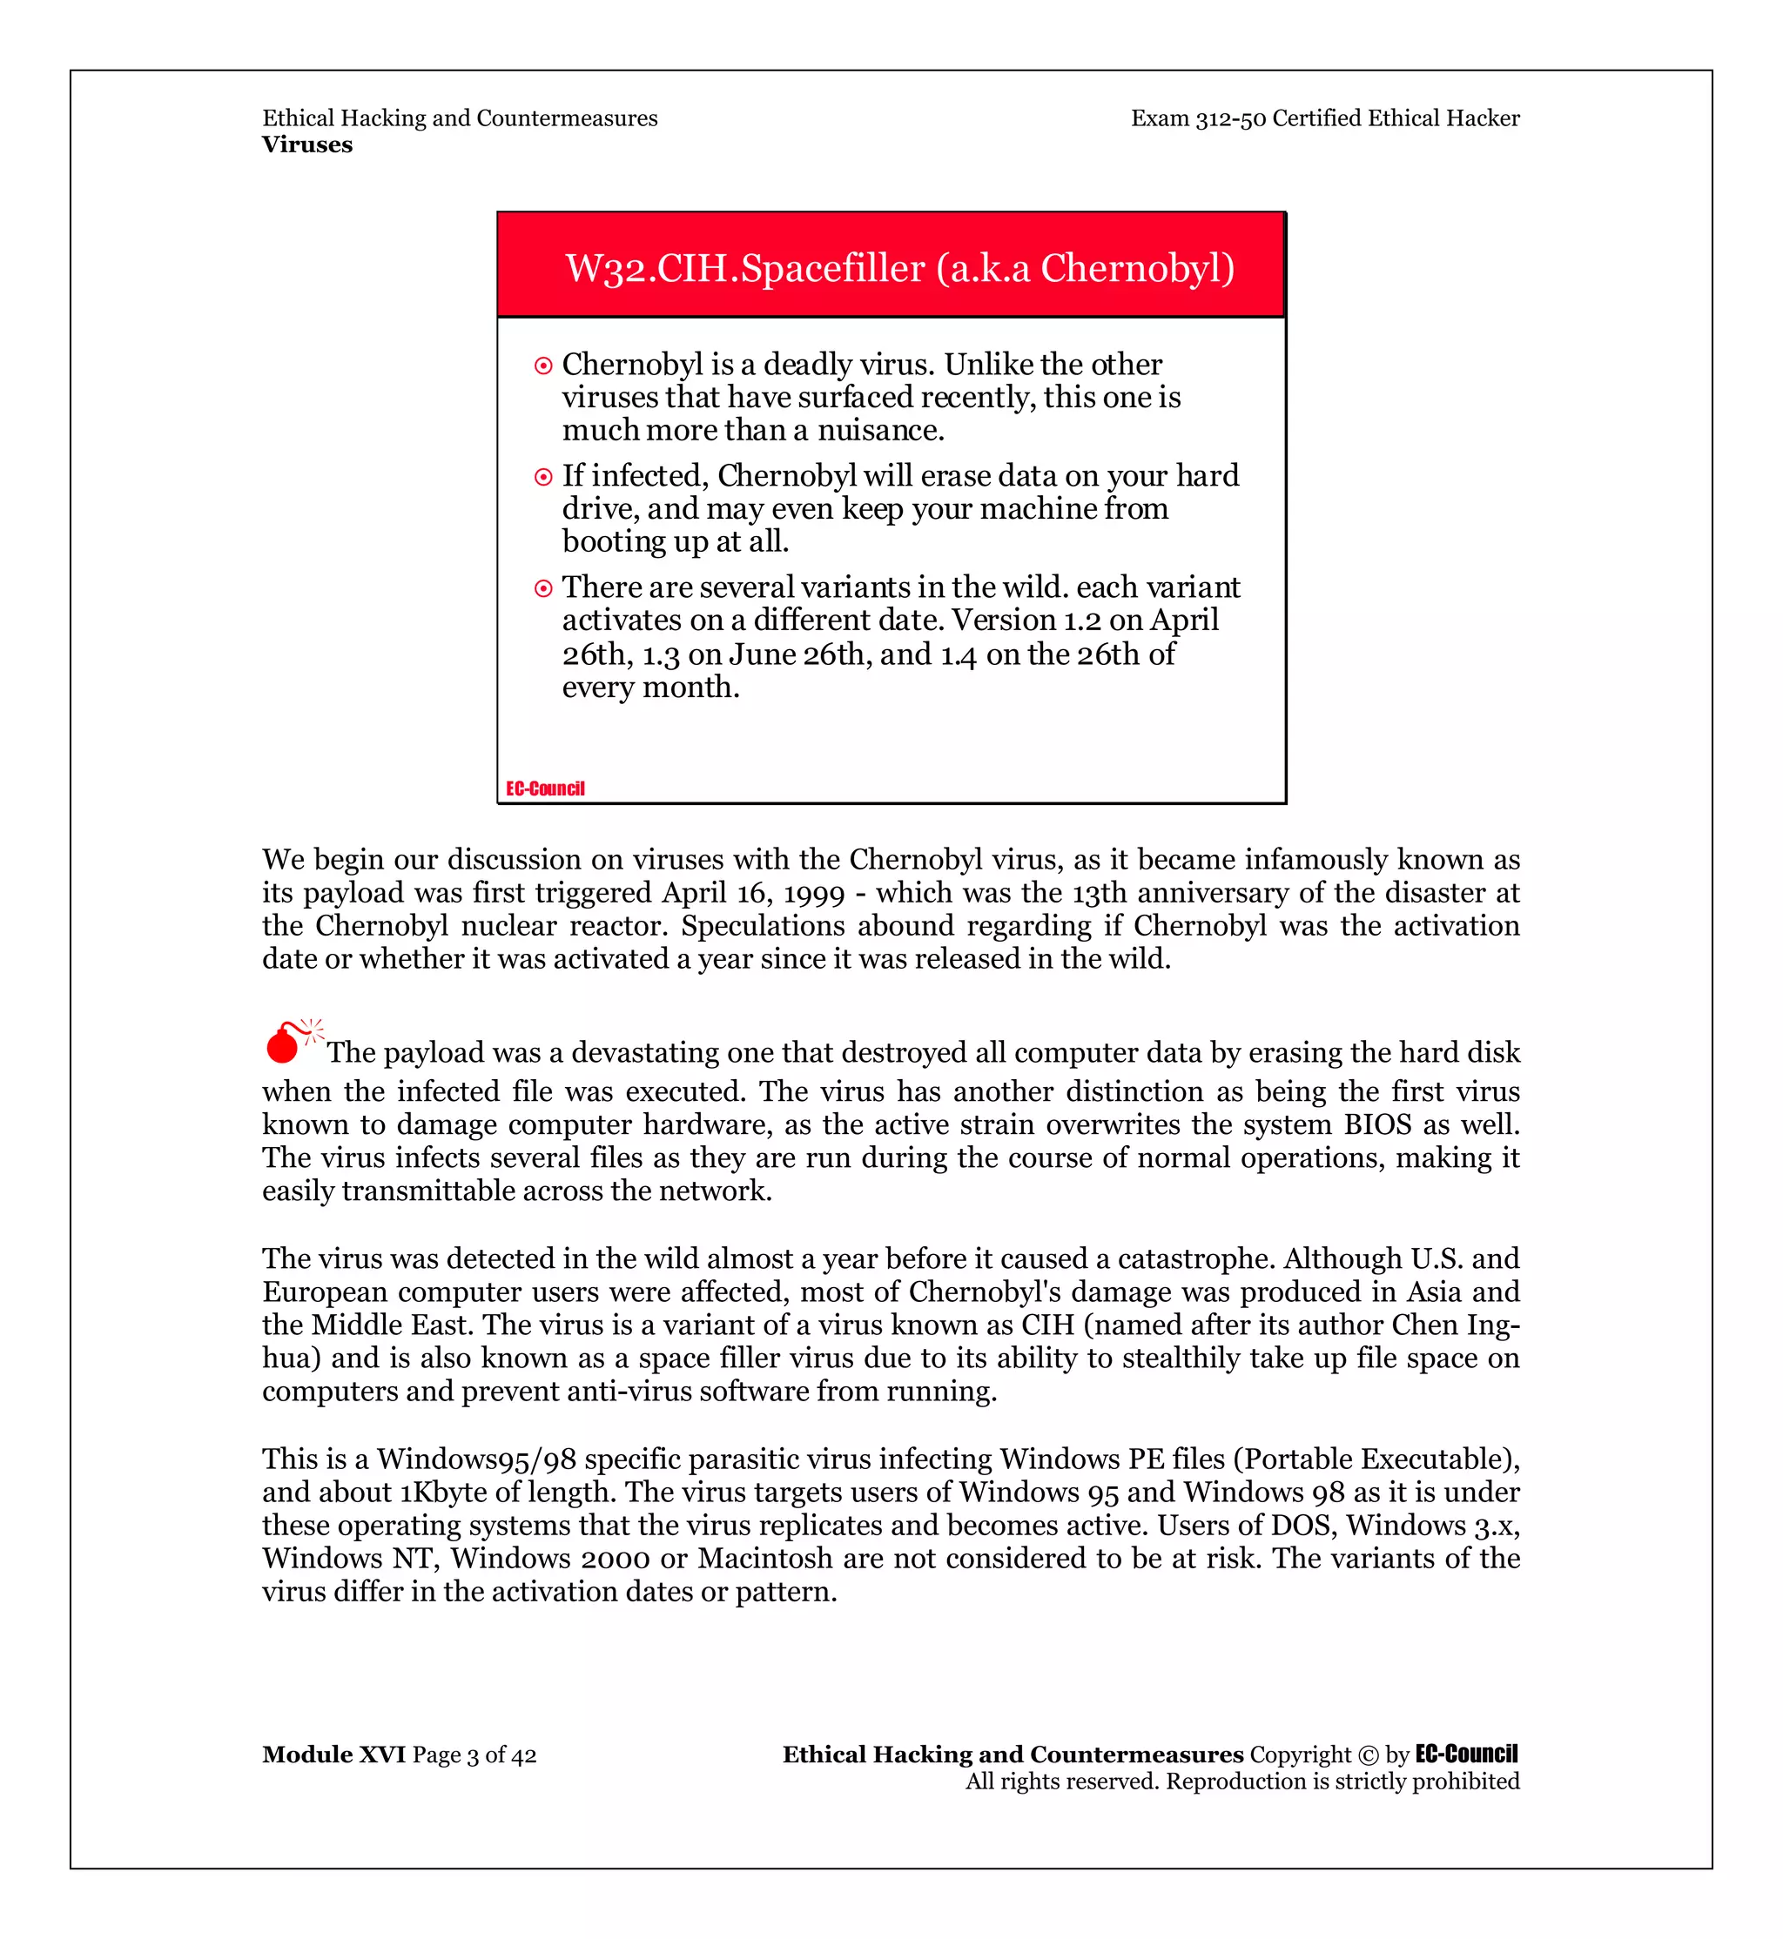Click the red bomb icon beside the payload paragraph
click(285, 1043)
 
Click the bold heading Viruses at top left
click(306, 144)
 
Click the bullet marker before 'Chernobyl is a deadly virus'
click(543, 366)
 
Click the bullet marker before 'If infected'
click(543, 477)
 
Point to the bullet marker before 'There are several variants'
click(543, 588)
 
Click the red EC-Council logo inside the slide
click(545, 788)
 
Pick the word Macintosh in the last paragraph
click(764, 1558)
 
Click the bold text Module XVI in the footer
click(333, 1754)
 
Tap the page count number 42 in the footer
click(524, 1754)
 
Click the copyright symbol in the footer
click(1368, 1754)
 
